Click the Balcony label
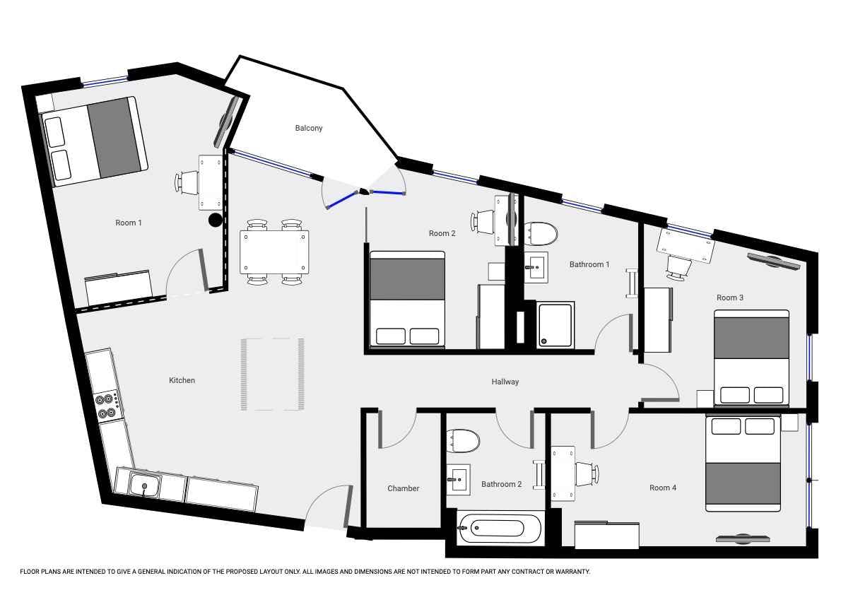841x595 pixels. coord(308,128)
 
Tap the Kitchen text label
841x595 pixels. coord(182,380)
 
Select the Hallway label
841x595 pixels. coord(505,382)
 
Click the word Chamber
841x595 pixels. coord(404,488)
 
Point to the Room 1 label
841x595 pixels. coord(129,223)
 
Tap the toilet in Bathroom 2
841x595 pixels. coord(462,440)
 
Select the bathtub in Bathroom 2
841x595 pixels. coord(499,528)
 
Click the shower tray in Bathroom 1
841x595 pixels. coord(555,324)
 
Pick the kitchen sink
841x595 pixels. coord(144,485)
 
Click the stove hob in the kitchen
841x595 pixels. coord(106,404)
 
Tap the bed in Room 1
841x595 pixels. coord(95,141)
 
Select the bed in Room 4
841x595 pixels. coord(743,463)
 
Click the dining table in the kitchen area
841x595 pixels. coord(274,252)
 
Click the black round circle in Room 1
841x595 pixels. coord(215,220)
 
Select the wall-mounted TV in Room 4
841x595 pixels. coord(743,538)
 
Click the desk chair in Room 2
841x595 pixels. coord(483,222)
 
